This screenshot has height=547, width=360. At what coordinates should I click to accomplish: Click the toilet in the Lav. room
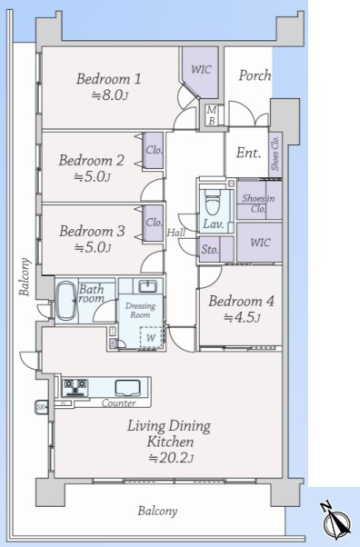point(212,202)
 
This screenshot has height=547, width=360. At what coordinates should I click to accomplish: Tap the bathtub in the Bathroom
point(66,301)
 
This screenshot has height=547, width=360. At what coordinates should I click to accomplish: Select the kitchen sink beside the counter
point(128,387)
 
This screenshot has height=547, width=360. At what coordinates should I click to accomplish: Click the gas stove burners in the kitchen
point(75,387)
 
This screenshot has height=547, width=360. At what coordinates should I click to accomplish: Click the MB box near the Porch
point(212,115)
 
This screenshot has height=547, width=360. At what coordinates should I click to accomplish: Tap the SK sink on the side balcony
point(42,407)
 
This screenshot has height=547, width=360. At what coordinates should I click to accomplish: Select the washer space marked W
point(151,337)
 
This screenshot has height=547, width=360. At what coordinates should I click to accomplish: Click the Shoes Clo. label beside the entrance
point(275,153)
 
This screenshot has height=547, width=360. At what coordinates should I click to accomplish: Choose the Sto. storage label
point(210,250)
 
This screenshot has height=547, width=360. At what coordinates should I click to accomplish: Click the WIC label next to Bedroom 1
point(201,69)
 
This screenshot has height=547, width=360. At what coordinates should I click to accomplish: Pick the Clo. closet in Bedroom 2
point(154,150)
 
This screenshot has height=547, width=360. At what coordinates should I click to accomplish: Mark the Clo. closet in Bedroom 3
point(154,223)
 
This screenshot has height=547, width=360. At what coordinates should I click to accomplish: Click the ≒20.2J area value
point(171,457)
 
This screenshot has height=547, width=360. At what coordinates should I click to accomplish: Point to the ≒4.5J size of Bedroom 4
point(242,317)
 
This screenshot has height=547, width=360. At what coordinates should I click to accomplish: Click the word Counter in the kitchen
point(119,403)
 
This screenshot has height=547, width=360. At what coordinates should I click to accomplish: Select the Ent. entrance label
point(248,153)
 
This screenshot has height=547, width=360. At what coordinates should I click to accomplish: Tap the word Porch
point(255,75)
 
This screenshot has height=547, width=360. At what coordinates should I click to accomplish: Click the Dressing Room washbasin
point(147,286)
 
